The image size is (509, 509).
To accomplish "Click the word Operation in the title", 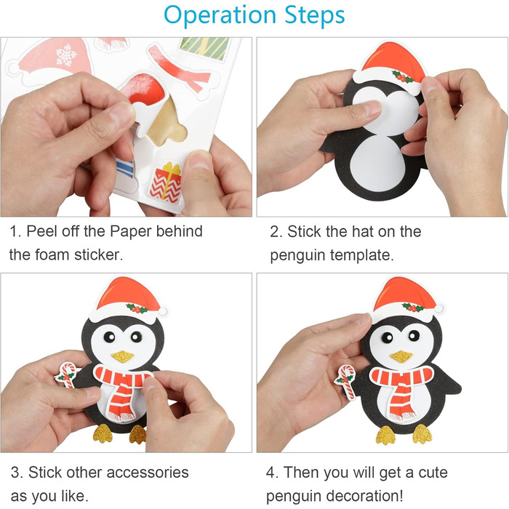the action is (220, 15).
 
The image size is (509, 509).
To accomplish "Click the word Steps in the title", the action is (315, 15).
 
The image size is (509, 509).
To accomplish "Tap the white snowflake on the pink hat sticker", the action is (66, 55).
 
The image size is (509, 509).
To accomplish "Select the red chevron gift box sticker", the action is (166, 183).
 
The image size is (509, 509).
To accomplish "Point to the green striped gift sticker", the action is (205, 49).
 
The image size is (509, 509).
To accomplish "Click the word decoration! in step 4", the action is (364, 496).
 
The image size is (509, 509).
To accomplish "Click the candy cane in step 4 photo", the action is (345, 382).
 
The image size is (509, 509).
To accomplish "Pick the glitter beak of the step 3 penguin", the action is (122, 356).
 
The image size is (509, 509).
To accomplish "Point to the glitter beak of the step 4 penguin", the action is (401, 356).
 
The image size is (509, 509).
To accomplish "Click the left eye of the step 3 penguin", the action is (109, 337).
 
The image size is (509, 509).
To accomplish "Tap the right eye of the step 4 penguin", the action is (414, 335).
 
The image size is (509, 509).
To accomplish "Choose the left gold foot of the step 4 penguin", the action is (385, 436).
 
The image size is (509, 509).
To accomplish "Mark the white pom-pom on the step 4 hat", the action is (439, 309).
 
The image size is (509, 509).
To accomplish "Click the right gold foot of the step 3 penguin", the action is (138, 434).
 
